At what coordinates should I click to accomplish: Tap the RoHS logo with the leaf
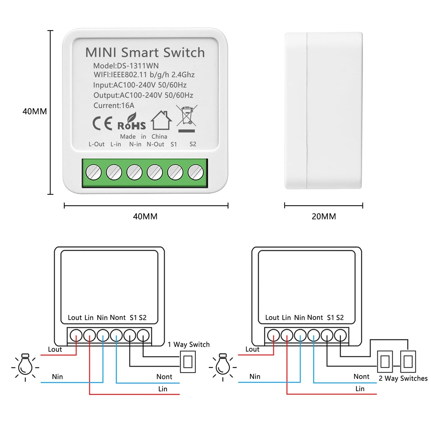(132, 122)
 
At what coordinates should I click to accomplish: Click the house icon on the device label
(161, 121)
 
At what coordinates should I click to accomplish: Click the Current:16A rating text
(114, 105)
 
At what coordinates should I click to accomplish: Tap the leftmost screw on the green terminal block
(93, 172)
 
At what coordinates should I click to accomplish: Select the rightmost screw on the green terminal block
(196, 172)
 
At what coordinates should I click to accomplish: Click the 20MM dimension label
(324, 216)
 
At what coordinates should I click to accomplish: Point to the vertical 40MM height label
(35, 111)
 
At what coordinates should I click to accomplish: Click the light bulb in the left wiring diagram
(25, 366)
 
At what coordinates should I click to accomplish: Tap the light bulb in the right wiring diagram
(223, 366)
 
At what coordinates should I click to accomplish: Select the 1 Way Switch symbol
(188, 362)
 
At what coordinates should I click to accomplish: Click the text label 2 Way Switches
(403, 378)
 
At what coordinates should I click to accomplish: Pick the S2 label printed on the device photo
(193, 144)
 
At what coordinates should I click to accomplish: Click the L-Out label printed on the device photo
(96, 144)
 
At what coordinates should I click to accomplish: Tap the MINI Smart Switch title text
(145, 52)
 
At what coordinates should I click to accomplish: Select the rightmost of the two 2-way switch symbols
(408, 362)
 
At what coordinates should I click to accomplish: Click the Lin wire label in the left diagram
(163, 389)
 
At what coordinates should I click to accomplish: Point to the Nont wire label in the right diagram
(361, 376)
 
